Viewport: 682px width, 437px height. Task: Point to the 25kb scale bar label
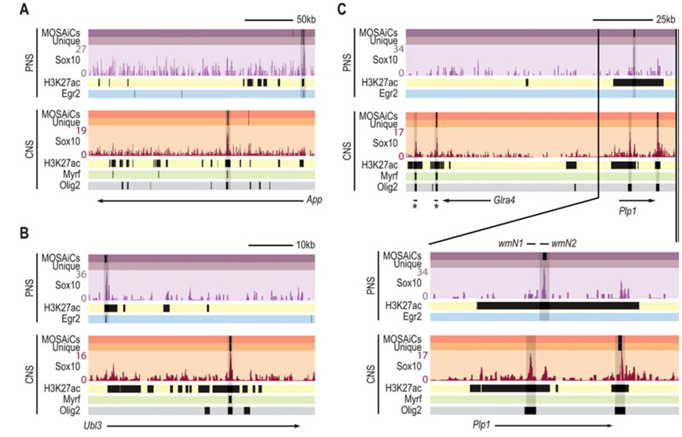(666, 18)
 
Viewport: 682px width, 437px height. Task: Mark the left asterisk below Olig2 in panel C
(415, 207)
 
